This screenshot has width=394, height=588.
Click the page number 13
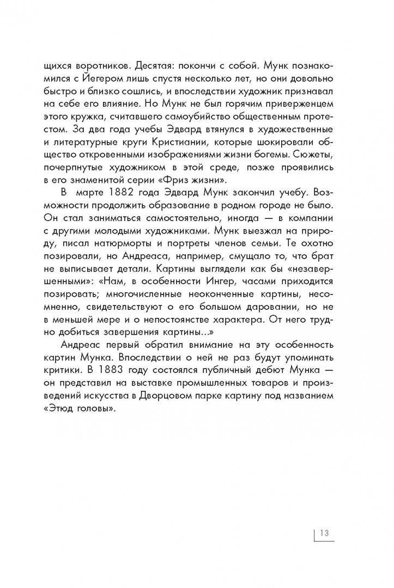click(x=324, y=532)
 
